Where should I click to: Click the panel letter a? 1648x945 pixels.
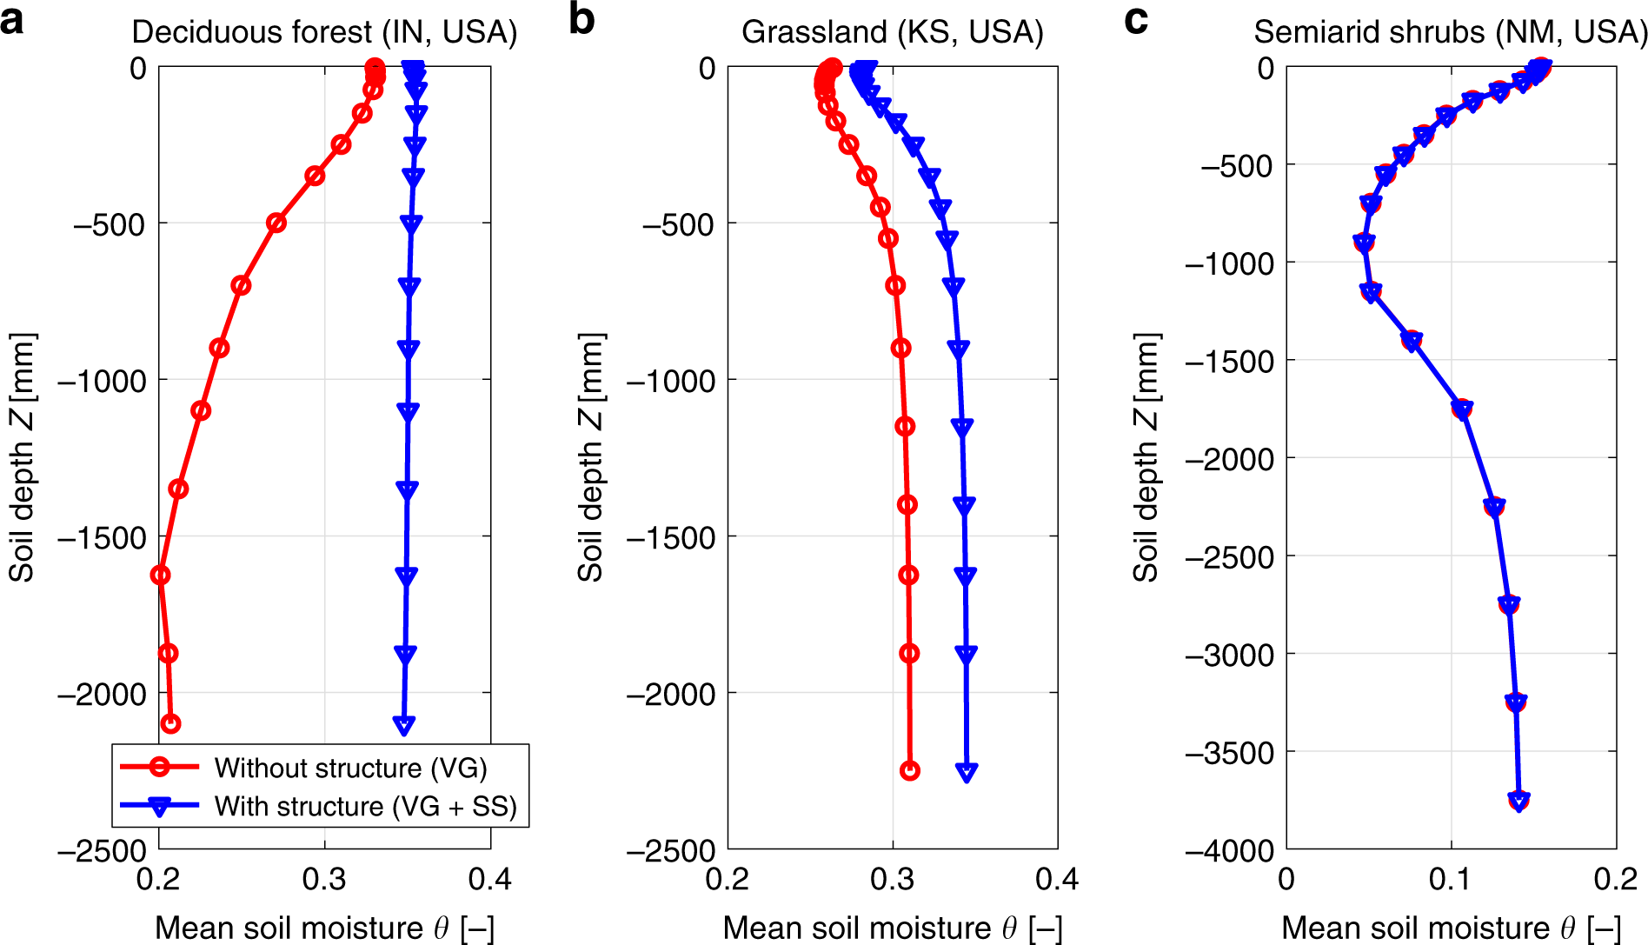tap(12, 19)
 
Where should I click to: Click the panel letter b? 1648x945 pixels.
tap(581, 19)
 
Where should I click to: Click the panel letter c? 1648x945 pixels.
tap(1135, 19)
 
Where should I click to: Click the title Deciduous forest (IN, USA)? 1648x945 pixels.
tap(324, 33)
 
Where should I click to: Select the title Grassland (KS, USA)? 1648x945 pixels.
tap(892, 33)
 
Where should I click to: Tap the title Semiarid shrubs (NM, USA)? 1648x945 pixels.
tap(1450, 33)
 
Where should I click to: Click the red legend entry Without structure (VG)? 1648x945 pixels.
tap(350, 768)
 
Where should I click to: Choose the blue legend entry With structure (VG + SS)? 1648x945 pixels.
tap(365, 807)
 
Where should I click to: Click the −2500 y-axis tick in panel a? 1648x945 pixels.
tap(103, 850)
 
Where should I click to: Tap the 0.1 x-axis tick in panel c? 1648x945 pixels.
tap(1450, 880)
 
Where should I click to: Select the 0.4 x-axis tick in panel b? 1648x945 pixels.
tap(1056, 880)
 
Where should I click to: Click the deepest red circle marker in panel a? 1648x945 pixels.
tap(171, 723)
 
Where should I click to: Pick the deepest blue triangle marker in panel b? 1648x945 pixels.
tap(967, 771)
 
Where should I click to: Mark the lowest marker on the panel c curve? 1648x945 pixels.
tap(1518, 800)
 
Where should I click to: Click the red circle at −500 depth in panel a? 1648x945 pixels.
tap(276, 223)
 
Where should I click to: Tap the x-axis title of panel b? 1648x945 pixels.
tap(892, 928)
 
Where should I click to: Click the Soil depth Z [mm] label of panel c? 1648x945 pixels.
tap(1146, 456)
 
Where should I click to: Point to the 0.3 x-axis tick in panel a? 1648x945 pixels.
tap(324, 880)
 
